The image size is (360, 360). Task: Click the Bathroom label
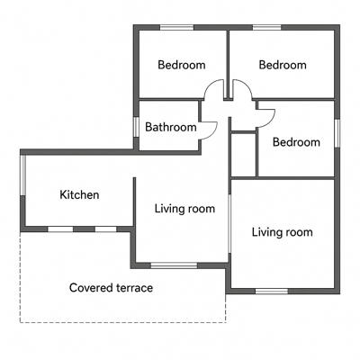[x=171, y=127]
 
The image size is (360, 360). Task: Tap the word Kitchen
[x=79, y=194]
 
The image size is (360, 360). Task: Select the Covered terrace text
[x=111, y=288]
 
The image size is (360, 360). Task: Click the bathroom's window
[x=136, y=127]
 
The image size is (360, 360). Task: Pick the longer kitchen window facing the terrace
[x=60, y=229]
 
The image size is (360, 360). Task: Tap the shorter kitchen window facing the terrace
[x=106, y=229]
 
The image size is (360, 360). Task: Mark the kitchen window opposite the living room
[x=22, y=175]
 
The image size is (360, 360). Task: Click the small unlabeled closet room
[x=243, y=154]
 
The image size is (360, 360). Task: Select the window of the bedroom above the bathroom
[x=176, y=28]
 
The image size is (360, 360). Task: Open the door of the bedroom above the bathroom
[x=212, y=87]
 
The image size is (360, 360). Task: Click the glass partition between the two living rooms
[x=229, y=224]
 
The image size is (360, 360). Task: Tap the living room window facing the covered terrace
[x=174, y=265]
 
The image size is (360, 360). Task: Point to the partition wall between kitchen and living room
[x=134, y=202]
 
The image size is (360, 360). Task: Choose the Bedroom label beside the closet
[x=296, y=142]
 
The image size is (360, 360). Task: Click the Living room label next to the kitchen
[x=184, y=209]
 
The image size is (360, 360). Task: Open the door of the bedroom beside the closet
[x=265, y=118]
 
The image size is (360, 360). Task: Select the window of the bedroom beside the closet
[x=337, y=133]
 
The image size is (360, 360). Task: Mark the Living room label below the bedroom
[x=283, y=232]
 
